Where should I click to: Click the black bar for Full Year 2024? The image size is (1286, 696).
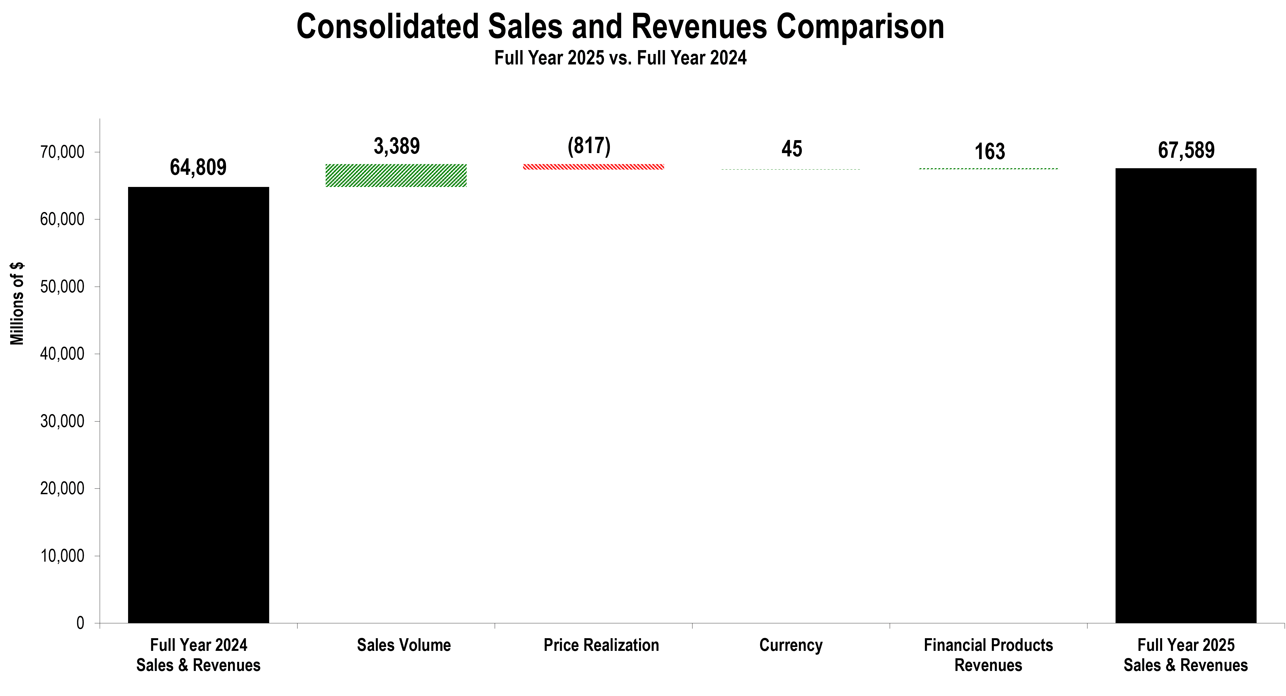(x=198, y=404)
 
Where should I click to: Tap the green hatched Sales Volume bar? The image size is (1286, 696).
(x=396, y=176)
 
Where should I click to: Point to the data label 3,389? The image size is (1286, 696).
(x=397, y=146)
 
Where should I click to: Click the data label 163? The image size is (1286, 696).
(x=989, y=152)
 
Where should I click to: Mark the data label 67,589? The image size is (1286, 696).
(x=1186, y=150)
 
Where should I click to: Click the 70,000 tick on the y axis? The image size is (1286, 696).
(x=63, y=152)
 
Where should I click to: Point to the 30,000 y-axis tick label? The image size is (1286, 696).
(x=63, y=421)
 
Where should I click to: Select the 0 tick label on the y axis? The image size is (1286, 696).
(x=80, y=623)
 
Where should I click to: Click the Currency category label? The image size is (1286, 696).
(x=791, y=645)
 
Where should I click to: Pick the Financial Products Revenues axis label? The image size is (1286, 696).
(x=988, y=655)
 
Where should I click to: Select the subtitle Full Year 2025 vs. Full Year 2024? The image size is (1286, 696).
(x=620, y=58)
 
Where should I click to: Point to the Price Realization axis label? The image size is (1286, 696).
(x=601, y=645)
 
